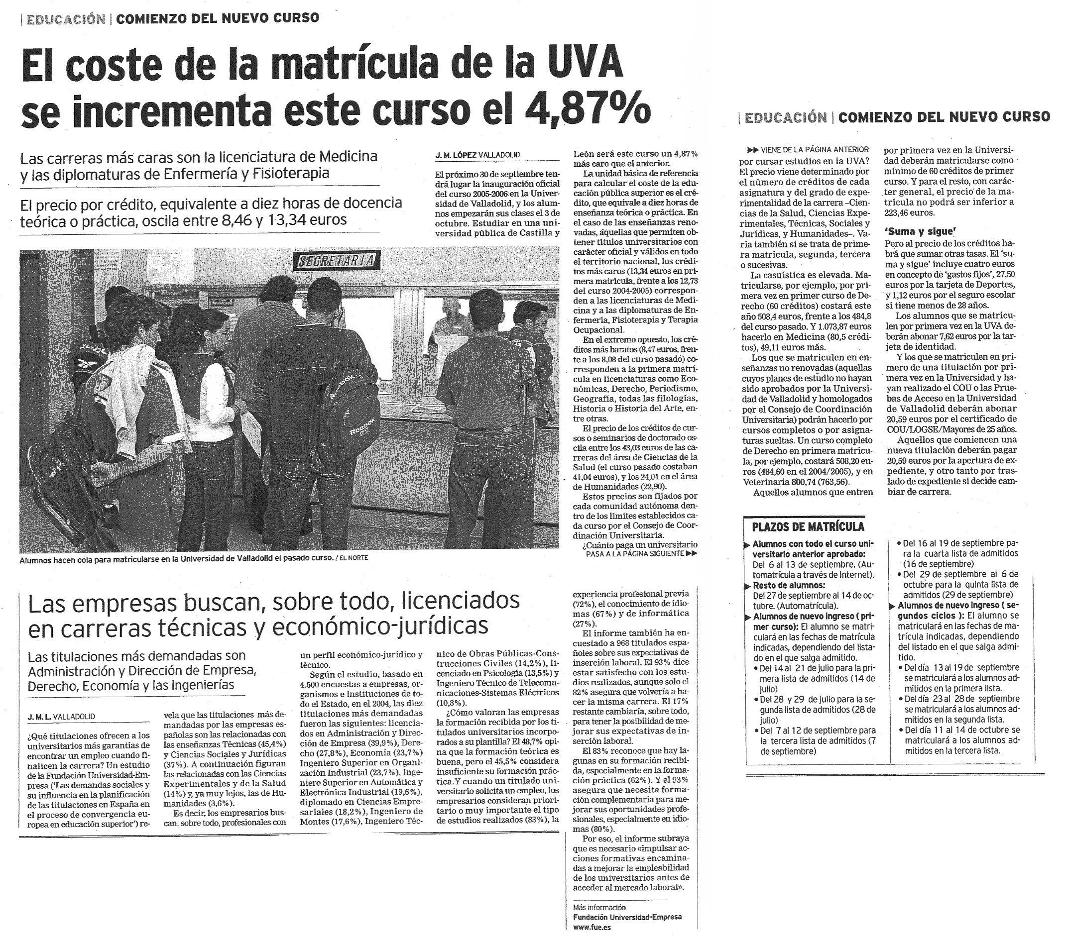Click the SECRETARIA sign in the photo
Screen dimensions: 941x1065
click(x=337, y=260)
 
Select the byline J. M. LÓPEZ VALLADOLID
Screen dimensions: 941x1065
click(x=478, y=155)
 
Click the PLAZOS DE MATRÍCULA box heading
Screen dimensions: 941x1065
click(x=808, y=526)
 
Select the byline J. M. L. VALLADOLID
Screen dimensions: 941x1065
click(x=61, y=717)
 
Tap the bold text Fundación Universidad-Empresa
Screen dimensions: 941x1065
click(x=627, y=917)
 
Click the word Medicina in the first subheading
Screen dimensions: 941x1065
click(x=348, y=156)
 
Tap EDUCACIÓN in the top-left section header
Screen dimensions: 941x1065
click(x=66, y=19)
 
